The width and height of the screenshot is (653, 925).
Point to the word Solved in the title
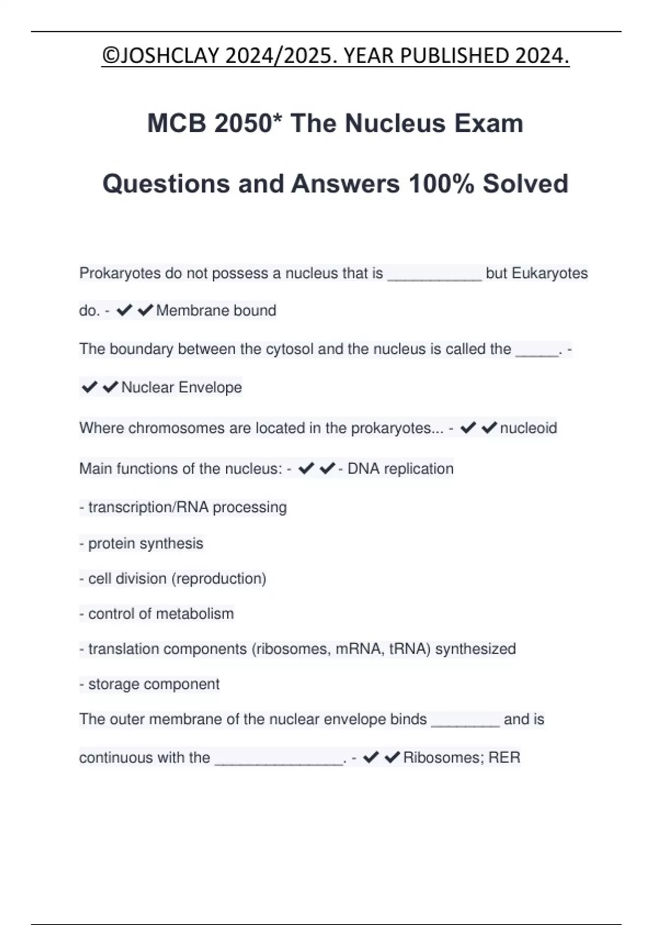point(525,184)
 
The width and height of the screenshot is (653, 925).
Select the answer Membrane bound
point(216,311)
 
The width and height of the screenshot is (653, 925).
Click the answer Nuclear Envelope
point(182,387)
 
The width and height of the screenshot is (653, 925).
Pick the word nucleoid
point(528,428)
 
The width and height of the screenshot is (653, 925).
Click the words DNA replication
point(400,468)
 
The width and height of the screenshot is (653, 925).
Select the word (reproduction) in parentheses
point(219,578)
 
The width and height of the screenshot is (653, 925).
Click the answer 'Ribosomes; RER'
point(461,757)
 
